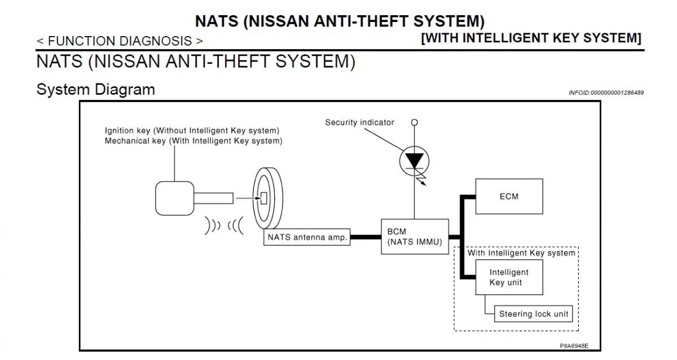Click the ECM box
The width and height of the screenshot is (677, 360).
pyautogui.click(x=509, y=196)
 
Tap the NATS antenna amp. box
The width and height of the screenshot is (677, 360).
pyautogui.click(x=307, y=238)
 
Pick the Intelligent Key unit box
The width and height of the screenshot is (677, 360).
pyautogui.click(x=509, y=278)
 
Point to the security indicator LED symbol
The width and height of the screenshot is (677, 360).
pyautogui.click(x=415, y=161)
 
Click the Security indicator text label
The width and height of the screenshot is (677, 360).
pyautogui.click(x=359, y=122)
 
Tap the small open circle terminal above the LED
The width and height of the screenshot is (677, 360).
pyautogui.click(x=415, y=122)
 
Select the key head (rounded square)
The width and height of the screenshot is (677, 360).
pyautogui.click(x=174, y=199)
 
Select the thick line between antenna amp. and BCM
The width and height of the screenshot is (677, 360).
pyautogui.click(x=366, y=237)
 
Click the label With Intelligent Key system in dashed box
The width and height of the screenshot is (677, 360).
pyautogui.click(x=521, y=253)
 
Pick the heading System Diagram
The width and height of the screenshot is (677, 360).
pyautogui.click(x=95, y=90)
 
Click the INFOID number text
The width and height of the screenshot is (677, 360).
pyautogui.click(x=605, y=93)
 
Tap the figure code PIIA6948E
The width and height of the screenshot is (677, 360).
pyautogui.click(x=573, y=346)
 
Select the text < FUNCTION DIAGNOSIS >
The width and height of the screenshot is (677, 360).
pyautogui.click(x=120, y=41)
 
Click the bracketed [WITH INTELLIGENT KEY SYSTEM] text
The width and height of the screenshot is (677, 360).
pyautogui.click(x=531, y=38)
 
